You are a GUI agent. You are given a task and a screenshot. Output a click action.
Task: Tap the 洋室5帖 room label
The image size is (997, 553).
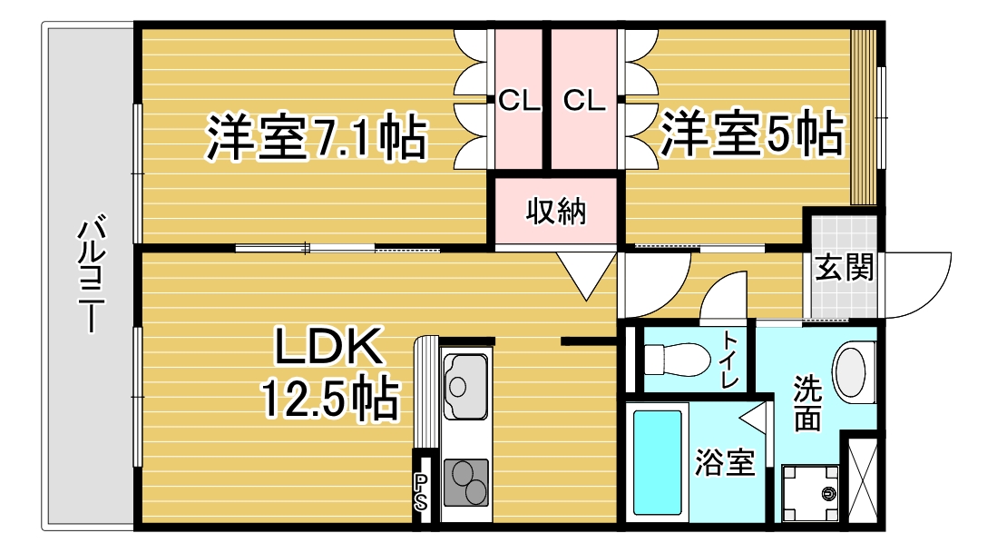click(751, 133)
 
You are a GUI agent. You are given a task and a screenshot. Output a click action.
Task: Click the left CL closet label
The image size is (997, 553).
click(519, 100)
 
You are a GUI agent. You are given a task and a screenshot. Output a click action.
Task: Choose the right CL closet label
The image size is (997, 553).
click(583, 100)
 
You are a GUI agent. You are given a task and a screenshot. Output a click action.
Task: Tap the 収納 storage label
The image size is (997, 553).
click(556, 212)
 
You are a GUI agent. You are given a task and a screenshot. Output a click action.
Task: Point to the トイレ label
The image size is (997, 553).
click(729, 360)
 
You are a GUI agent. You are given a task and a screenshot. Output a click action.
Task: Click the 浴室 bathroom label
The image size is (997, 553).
click(724, 463)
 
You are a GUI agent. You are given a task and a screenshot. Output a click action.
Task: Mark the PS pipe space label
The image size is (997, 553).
click(421, 490)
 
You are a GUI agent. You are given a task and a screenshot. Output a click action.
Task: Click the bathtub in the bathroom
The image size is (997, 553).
click(656, 462)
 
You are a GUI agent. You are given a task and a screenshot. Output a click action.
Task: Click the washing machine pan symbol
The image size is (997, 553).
click(809, 494)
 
